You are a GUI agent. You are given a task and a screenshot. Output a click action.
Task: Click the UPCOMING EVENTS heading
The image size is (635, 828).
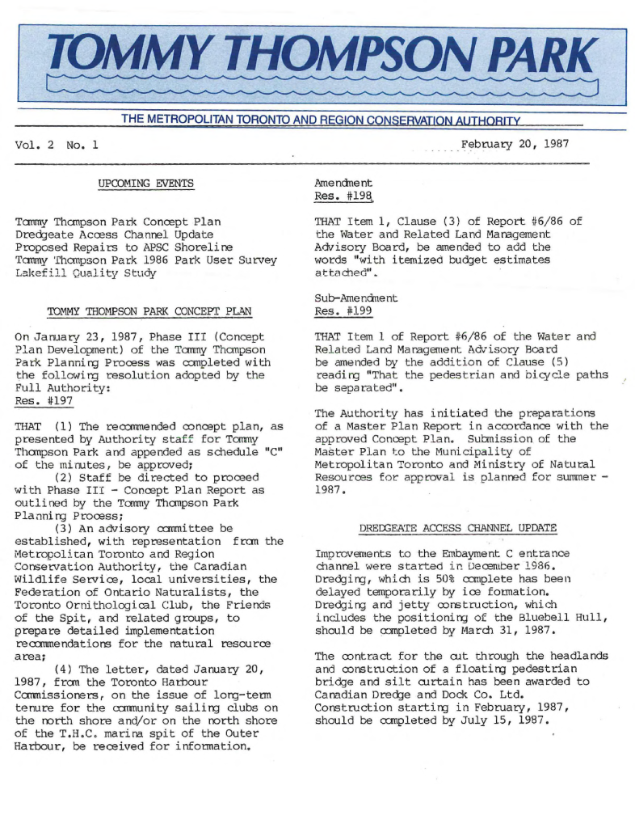pyautogui.click(x=146, y=184)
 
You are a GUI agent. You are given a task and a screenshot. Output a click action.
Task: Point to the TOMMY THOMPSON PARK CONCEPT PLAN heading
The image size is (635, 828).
pyautogui.click(x=149, y=310)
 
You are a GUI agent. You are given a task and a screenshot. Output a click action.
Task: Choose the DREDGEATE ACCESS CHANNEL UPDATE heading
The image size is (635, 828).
pyautogui.click(x=457, y=528)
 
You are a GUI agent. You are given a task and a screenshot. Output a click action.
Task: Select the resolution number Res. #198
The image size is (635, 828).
pyautogui.click(x=343, y=196)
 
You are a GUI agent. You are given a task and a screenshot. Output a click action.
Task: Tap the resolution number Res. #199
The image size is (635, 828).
pyautogui.click(x=343, y=311)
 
